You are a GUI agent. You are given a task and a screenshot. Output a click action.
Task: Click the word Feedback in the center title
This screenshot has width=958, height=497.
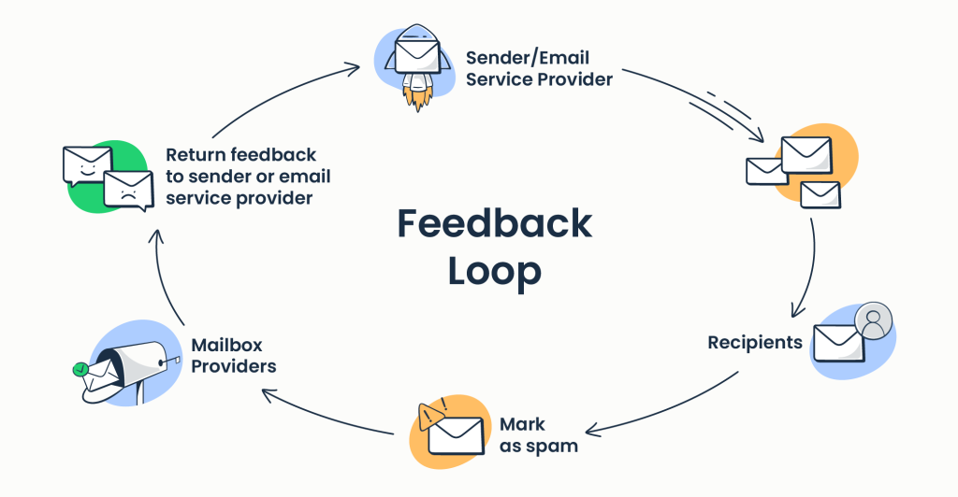pyautogui.click(x=494, y=224)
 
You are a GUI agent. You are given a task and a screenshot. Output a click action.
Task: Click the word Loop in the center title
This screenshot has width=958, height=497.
pyautogui.click(x=494, y=271)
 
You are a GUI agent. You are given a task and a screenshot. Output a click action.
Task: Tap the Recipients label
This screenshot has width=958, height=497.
pyautogui.click(x=754, y=343)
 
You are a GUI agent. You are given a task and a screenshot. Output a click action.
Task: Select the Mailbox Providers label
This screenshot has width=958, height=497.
pyautogui.click(x=234, y=356)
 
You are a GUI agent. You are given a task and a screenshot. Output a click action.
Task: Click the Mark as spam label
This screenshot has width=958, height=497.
pyautogui.click(x=538, y=435)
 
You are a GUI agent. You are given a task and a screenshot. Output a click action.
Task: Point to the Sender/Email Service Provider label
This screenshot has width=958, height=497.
pyautogui.click(x=539, y=69)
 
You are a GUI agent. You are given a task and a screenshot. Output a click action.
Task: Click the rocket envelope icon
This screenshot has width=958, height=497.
pyautogui.click(x=417, y=54)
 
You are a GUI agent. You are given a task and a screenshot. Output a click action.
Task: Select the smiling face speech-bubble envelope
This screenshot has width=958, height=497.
pyautogui.click(x=82, y=165)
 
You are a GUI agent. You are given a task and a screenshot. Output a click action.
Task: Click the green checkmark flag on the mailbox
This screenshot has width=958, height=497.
pyautogui.click(x=81, y=370)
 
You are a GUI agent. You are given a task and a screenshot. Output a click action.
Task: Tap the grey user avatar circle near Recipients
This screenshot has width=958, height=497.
pyautogui.click(x=874, y=321)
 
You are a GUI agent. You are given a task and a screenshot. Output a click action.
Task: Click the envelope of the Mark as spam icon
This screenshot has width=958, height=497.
pyautogui.click(x=456, y=435)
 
